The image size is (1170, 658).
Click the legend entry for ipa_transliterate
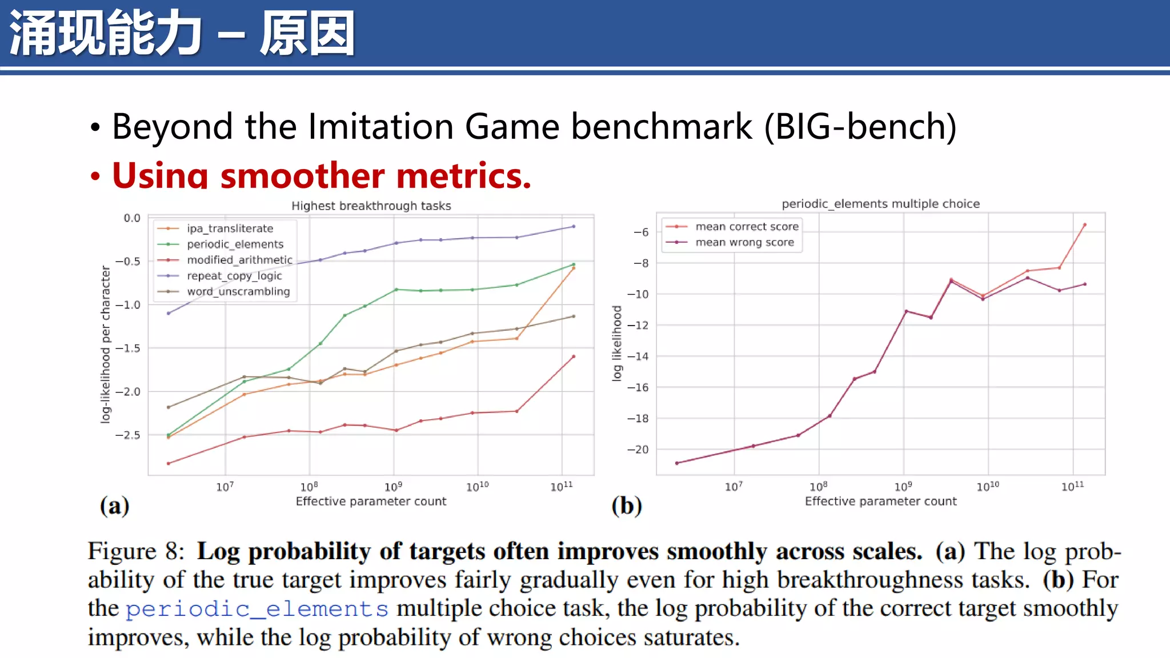coord(230,228)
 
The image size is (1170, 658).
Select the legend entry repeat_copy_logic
coord(234,276)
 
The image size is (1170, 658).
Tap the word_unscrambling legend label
coord(238,292)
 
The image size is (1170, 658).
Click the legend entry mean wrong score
coord(744,242)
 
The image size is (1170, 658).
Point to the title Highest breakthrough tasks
coord(371,206)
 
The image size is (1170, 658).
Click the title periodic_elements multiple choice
coord(880,204)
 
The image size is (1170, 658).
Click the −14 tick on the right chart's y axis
coord(638,356)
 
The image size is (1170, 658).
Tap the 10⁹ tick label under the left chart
coord(393,487)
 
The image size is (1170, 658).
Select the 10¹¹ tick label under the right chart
coord(1072,487)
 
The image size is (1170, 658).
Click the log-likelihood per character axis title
coord(105,344)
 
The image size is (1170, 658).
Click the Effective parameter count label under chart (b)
coord(880,501)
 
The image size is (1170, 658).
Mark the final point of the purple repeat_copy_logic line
coord(574,227)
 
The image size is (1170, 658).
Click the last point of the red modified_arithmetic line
coord(574,356)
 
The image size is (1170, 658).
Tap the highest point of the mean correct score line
coord(1084,225)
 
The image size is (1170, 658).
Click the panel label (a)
coord(114,506)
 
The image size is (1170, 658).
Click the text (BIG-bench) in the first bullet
coord(860,126)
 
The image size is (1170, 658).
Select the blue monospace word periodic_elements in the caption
coord(257,609)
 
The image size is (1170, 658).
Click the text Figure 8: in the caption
coord(136,551)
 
